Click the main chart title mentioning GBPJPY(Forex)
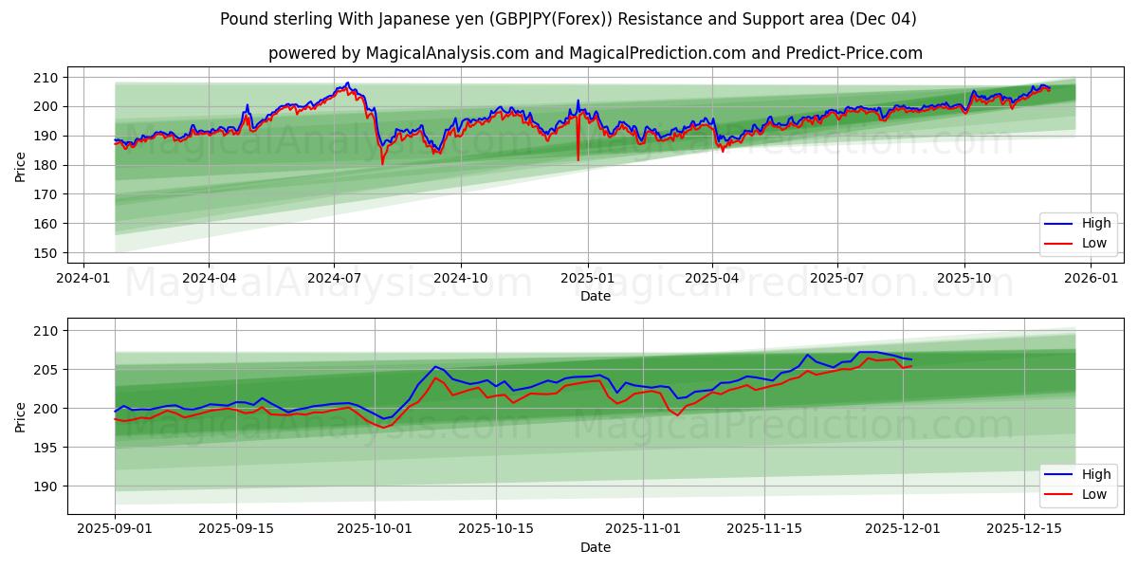coord(568,19)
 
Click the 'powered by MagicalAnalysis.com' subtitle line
coord(595,53)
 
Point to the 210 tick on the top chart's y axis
coord(46,77)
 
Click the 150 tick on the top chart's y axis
coord(46,253)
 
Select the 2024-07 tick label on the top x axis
coord(333,279)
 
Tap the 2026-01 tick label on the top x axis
coord(1091,279)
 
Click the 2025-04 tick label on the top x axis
coord(711,279)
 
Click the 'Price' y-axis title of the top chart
coord(21,166)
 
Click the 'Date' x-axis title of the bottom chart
coord(595,547)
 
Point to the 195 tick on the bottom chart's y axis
coord(46,448)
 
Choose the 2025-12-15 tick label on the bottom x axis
coord(1023,529)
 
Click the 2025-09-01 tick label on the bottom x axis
coord(115,529)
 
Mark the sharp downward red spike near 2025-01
coord(578,159)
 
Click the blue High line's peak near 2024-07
coord(347,83)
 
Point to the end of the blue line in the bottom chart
coord(911,359)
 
